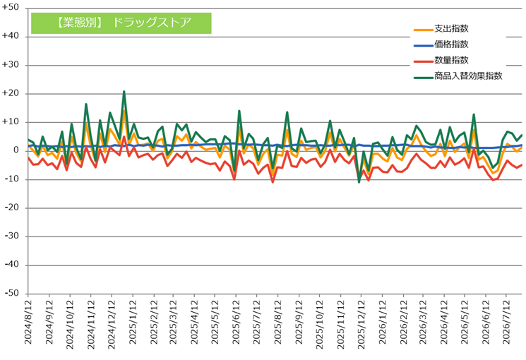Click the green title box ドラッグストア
121,23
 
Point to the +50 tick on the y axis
11,7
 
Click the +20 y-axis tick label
11,93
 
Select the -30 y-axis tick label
11,236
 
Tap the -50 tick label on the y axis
11,293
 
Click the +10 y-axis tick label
11,122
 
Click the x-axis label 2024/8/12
28,322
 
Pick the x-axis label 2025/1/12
133,322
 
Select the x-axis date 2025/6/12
236,322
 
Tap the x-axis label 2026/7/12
506,322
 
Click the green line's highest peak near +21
124,91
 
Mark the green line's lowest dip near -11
359,182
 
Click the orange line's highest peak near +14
124,111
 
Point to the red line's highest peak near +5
124,136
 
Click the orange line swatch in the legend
424,30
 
